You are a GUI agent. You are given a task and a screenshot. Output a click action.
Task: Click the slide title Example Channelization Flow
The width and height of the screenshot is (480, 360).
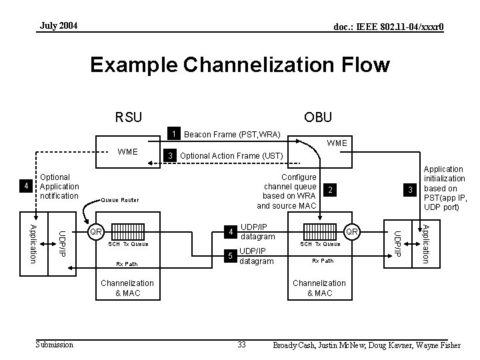click(239, 65)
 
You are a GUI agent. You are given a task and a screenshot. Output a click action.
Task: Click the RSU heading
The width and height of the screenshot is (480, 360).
click(128, 117)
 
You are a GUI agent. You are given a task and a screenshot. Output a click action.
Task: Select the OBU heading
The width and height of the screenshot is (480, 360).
click(319, 117)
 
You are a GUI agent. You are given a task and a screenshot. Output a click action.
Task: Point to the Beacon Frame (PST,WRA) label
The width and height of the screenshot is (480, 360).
click(232, 135)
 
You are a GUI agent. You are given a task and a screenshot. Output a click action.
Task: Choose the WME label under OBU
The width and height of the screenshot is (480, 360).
click(337, 143)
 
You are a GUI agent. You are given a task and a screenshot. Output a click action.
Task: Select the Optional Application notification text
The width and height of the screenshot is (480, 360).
click(59, 187)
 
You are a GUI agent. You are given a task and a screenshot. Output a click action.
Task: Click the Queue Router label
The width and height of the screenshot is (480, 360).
click(120, 199)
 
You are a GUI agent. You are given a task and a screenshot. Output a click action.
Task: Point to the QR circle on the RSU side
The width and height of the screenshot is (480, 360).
click(96, 232)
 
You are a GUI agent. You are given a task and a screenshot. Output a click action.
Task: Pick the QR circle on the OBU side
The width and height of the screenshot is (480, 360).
click(351, 231)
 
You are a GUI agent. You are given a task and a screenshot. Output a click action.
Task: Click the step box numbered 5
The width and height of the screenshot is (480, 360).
click(230, 256)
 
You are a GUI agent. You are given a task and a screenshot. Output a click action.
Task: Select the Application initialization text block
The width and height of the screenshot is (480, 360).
click(445, 189)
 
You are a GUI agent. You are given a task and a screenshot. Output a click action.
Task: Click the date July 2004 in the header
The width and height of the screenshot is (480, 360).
click(59, 26)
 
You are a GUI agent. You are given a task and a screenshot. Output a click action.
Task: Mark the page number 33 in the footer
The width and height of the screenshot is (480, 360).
click(243, 344)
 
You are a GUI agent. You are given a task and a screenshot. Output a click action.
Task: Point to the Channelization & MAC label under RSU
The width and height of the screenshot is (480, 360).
click(127, 288)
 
